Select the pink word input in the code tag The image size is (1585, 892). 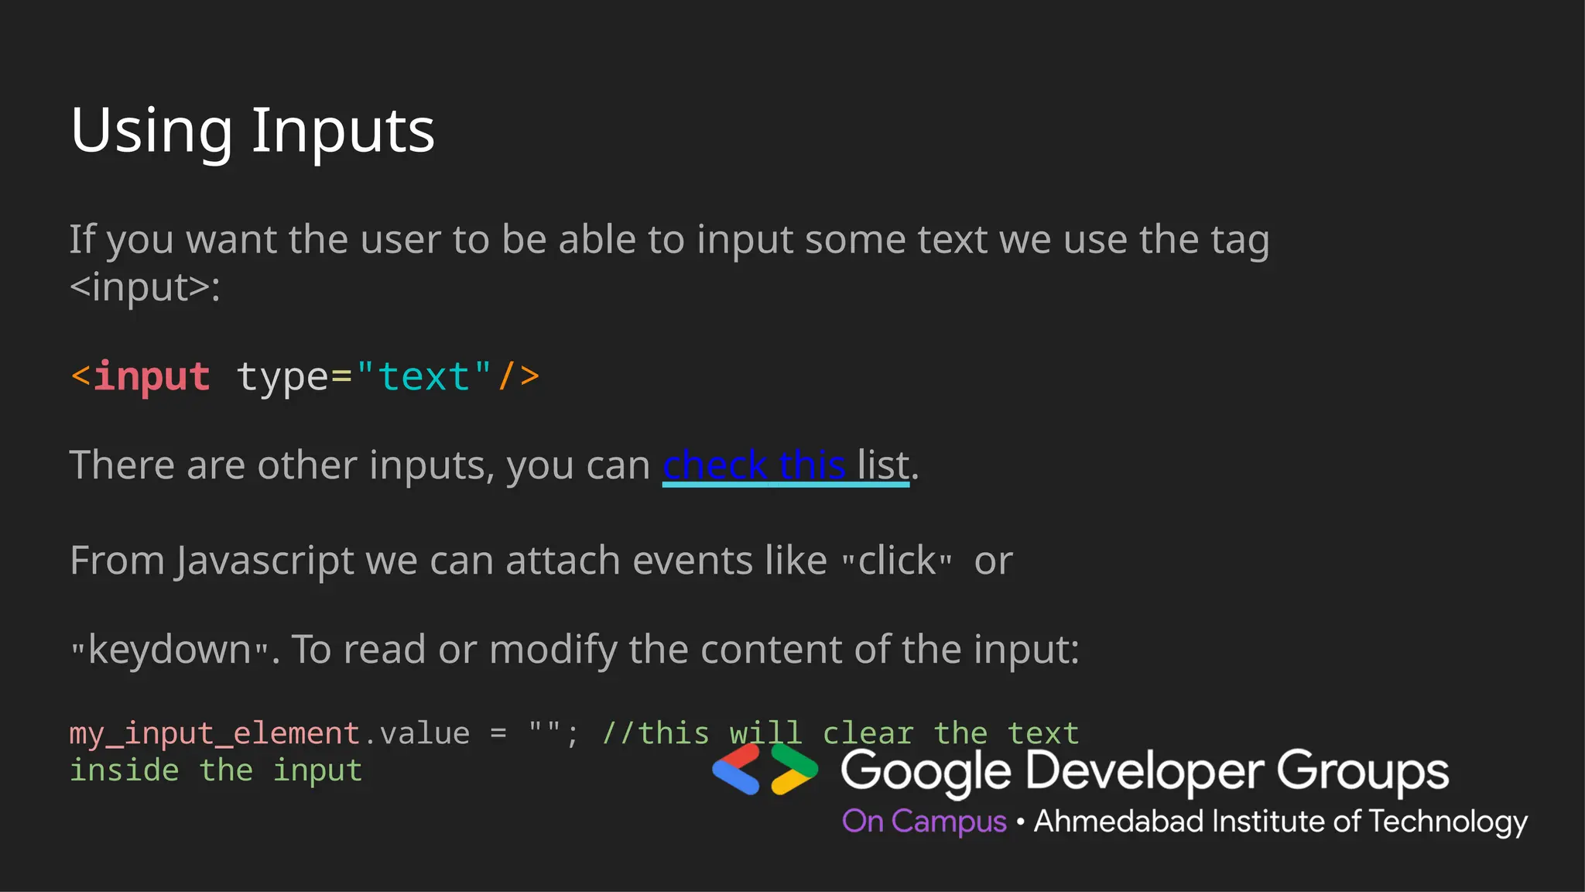152,377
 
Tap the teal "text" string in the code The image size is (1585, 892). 423,377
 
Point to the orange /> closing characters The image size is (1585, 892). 519,377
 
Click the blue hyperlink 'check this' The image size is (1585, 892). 753,465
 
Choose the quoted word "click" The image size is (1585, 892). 897,561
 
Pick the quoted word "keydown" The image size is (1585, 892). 170,650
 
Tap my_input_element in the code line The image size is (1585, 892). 214,733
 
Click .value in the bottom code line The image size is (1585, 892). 416,733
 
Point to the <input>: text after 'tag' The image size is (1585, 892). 145,287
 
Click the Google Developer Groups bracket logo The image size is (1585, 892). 765,770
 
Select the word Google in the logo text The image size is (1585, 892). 926,772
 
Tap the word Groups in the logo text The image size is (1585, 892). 1362,772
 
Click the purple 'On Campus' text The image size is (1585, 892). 924,821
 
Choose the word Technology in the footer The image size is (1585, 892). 1448,822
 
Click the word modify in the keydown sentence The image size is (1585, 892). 553,650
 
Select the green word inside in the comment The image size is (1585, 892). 125,770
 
